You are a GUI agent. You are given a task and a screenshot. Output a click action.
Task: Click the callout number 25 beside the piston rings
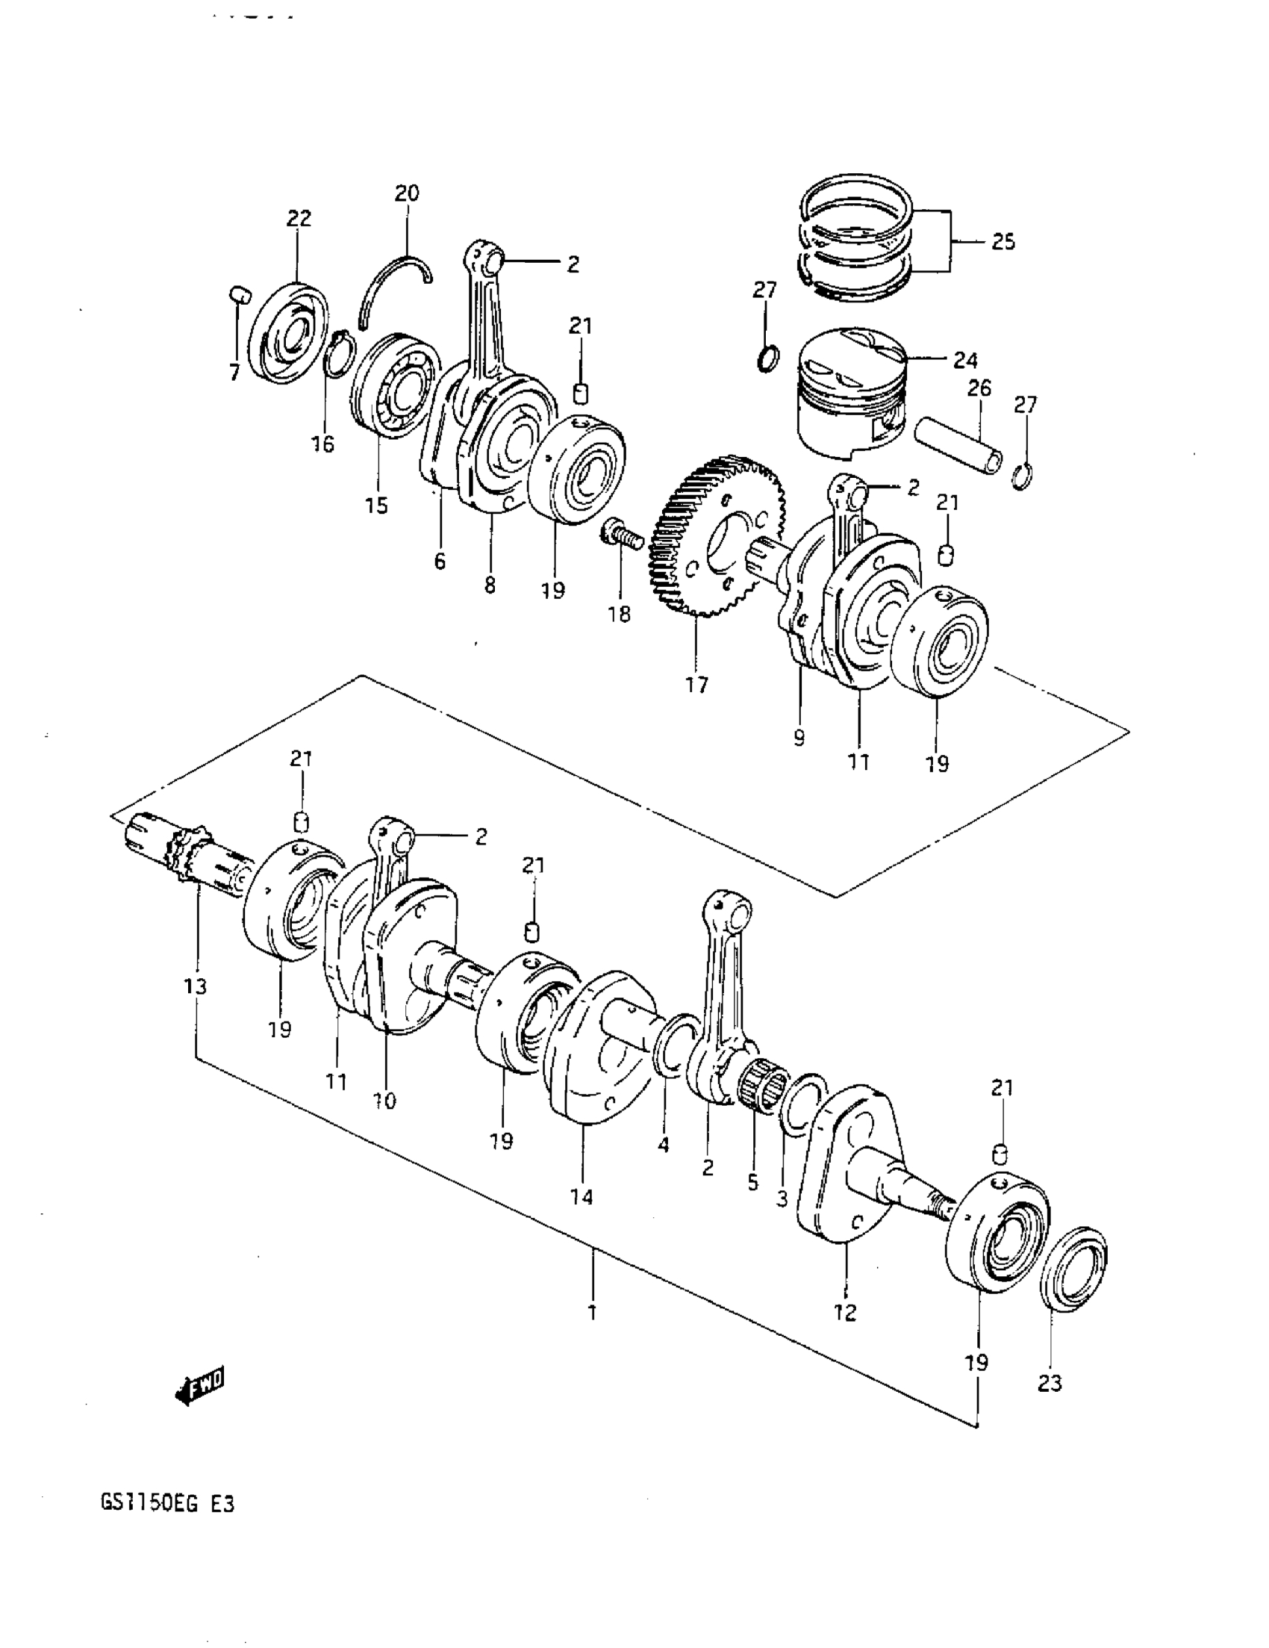(1003, 242)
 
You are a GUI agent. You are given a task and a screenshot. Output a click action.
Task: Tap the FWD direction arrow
(199, 1385)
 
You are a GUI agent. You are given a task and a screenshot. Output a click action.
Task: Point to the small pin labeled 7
(238, 293)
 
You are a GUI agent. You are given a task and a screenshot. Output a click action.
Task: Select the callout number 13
(196, 986)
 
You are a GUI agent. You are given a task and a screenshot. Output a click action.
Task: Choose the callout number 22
(299, 218)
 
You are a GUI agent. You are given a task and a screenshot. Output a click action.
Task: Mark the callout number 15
(376, 505)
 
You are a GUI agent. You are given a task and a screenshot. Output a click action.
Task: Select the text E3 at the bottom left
(222, 1504)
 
